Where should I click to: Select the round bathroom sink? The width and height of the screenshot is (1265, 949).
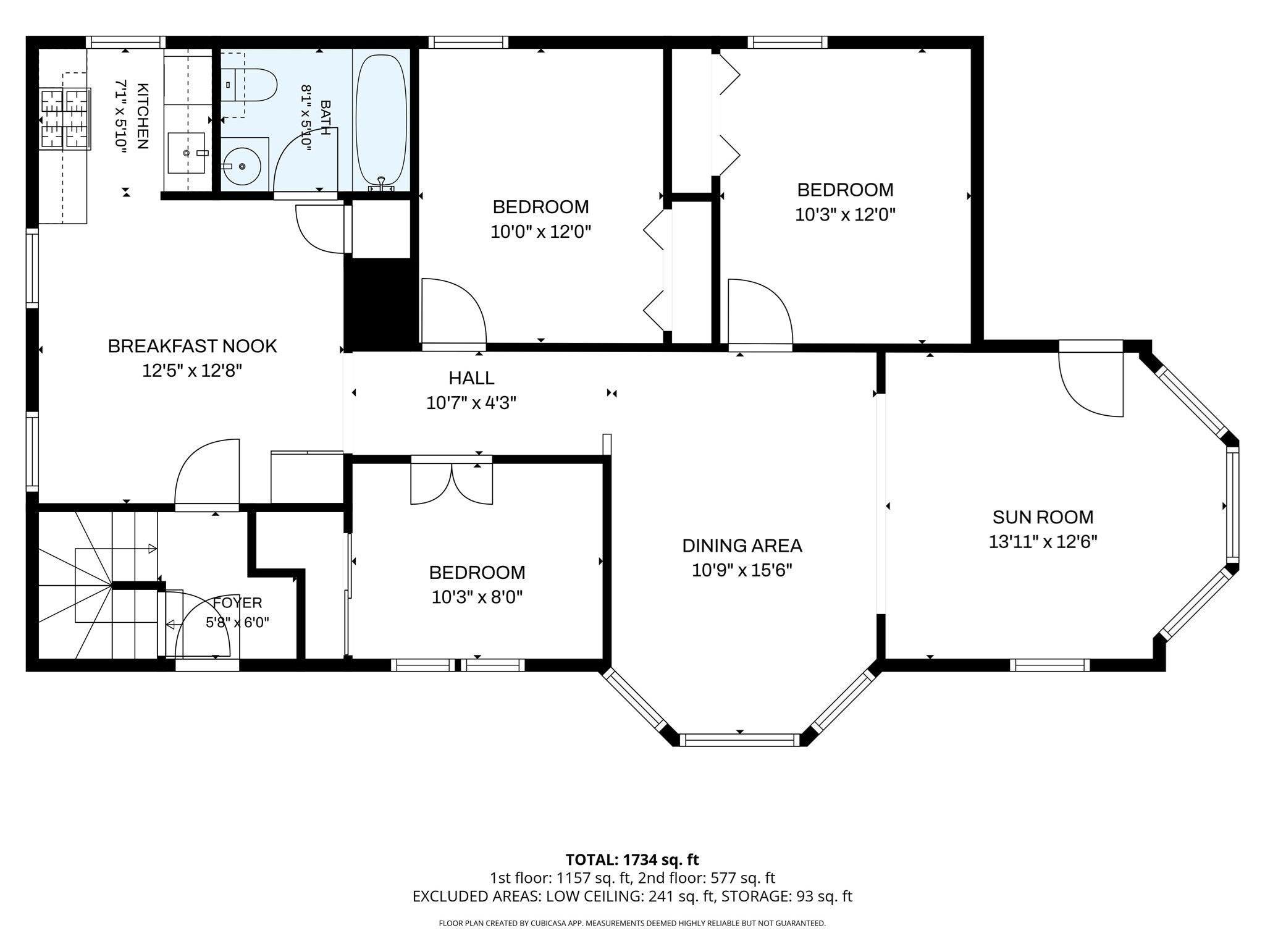click(242, 166)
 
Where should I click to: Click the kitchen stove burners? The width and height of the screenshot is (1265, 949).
click(65, 119)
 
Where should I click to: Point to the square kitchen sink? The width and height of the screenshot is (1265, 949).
click(186, 152)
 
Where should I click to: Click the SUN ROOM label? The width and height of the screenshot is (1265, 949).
click(1043, 517)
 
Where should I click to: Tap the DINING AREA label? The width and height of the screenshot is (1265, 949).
click(742, 545)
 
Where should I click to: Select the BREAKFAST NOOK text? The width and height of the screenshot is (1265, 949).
click(192, 345)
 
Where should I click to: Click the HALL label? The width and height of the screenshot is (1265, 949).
click(471, 377)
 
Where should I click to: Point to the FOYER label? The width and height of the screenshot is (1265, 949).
click(238, 602)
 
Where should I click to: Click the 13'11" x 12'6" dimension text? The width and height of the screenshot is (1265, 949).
click(1043, 542)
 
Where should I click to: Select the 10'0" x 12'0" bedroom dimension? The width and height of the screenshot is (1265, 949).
click(541, 232)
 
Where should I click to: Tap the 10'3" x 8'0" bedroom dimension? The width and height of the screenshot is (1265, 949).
click(477, 597)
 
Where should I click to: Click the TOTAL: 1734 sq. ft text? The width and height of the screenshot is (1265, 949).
click(632, 859)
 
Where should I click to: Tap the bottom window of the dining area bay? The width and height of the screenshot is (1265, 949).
click(739, 740)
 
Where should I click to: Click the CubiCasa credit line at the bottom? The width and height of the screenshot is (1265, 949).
click(632, 924)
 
